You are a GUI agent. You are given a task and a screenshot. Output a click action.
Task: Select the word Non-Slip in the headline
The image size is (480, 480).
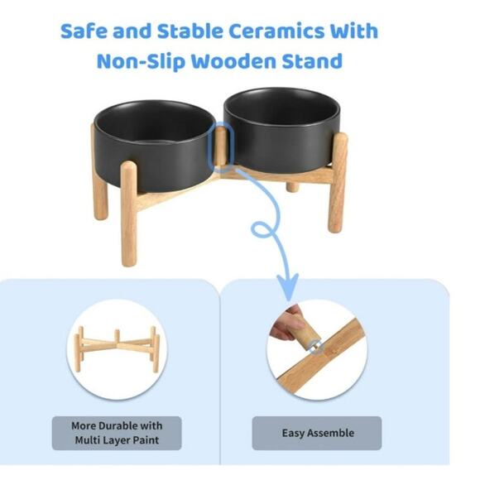tap(142, 61)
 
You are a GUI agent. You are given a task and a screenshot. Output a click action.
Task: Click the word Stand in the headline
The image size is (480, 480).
tap(312, 61)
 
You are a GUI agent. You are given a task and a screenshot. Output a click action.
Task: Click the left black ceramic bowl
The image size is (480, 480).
tap(154, 145)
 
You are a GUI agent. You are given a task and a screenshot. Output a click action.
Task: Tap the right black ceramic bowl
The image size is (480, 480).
tap(282, 129)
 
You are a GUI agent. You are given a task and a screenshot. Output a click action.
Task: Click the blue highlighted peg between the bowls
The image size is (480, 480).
tap(221, 146)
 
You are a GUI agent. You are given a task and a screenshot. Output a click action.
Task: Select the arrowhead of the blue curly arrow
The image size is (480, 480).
tap(288, 286)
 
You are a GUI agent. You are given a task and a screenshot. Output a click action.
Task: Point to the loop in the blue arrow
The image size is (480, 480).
tap(262, 229)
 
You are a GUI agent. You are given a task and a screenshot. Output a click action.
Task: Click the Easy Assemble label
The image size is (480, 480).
tap(318, 433)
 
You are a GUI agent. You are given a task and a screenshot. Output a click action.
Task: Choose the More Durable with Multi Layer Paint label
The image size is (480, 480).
tap(117, 433)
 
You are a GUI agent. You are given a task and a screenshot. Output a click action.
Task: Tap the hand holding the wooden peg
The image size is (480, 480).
tap(286, 324)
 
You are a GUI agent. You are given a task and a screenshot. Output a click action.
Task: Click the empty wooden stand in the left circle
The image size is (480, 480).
tap(117, 349)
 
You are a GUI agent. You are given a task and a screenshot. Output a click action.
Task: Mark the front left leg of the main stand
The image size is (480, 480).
tap(129, 214)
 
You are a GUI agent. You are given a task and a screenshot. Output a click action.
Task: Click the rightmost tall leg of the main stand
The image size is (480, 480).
tap(338, 182)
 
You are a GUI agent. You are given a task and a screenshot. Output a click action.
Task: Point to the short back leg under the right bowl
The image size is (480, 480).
tap(293, 186)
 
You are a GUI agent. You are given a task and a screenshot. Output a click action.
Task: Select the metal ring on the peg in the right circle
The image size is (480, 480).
tap(316, 347)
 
